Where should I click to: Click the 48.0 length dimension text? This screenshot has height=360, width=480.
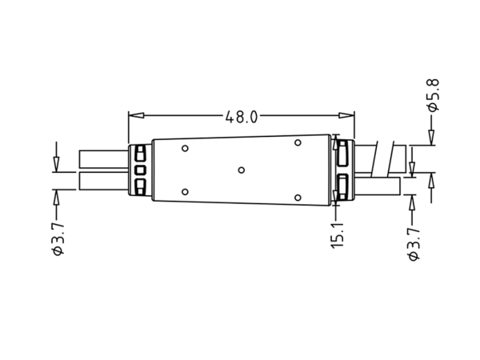pos(240,117)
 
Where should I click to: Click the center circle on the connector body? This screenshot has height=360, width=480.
pos(241,170)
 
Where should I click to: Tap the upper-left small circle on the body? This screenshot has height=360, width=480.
pos(185,148)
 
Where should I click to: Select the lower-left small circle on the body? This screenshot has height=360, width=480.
pos(185,192)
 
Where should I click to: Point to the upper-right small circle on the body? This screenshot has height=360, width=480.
pos(297,142)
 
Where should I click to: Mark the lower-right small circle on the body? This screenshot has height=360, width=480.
pos(297,197)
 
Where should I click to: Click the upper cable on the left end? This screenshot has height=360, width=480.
pos(102,158)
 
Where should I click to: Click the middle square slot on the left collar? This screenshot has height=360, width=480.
pos(140,170)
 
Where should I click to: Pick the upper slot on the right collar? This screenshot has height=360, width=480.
pos(342,152)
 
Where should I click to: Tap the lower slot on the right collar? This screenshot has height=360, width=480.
pos(342,188)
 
